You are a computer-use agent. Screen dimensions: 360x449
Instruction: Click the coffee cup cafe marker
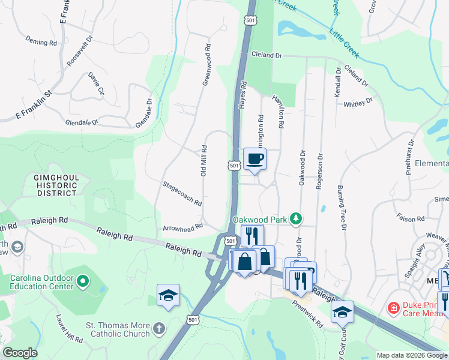[255, 159]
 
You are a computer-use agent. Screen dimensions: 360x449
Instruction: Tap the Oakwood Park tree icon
[295, 219]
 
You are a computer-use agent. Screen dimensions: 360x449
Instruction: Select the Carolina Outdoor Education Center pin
[83, 280]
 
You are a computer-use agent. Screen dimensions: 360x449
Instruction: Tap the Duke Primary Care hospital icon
[394, 308]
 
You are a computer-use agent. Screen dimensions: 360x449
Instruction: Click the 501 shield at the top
[250, 20]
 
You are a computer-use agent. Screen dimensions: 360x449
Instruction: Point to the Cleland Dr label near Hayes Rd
[267, 55]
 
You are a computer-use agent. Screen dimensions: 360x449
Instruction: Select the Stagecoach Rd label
[181, 192]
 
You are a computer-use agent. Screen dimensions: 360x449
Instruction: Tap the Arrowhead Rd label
[183, 227]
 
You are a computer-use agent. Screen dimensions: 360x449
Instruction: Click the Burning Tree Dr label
[342, 207]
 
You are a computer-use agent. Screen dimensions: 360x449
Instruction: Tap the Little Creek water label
[345, 41]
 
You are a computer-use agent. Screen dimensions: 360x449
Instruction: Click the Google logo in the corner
[20, 353]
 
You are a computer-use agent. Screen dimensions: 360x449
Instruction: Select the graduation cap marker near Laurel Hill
[168, 295]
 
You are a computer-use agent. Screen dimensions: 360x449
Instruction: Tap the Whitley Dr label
[359, 103]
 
